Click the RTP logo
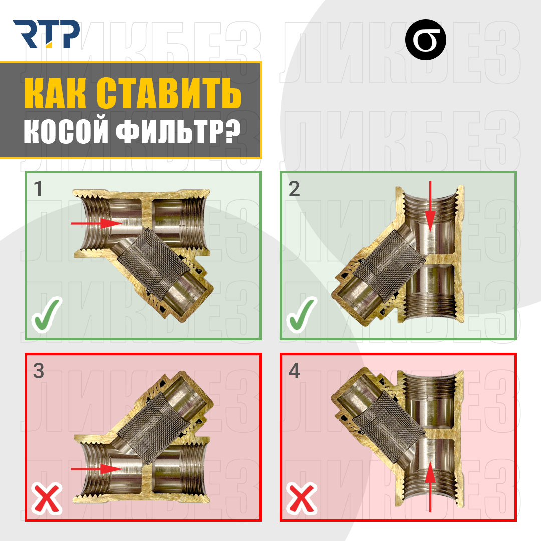click(46, 34)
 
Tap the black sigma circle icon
click(425, 40)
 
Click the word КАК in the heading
click(55, 93)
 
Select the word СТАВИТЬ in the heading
click(168, 93)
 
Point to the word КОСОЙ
click(66, 131)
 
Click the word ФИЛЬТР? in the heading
click(178, 131)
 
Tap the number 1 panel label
click(38, 189)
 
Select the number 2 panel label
click(294, 189)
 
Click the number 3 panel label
click(39, 371)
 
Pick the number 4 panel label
click(294, 371)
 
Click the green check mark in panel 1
click(47, 314)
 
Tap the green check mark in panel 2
click(302, 314)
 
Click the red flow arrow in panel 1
click(96, 223)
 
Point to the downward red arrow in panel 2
click(430, 207)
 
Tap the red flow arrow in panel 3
click(96, 469)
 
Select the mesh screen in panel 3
click(154, 428)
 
